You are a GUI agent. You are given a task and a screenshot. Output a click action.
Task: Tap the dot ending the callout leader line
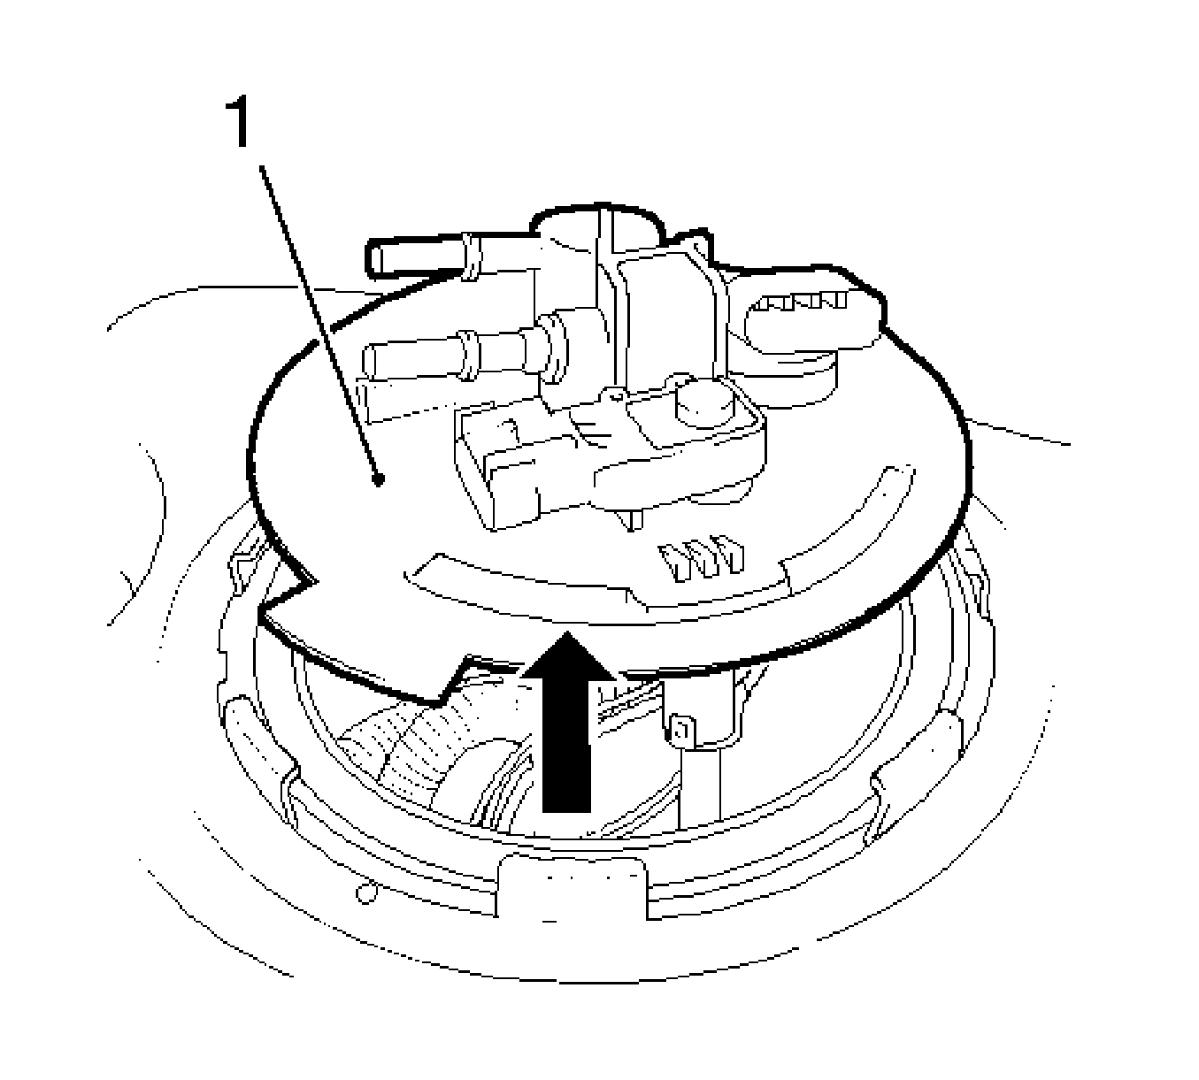[x=377, y=479]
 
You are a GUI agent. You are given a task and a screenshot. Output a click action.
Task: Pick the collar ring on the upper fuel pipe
[x=472, y=257]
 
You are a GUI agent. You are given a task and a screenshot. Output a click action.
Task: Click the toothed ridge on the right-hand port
[x=801, y=301]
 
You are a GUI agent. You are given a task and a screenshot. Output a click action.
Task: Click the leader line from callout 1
[x=319, y=323]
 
